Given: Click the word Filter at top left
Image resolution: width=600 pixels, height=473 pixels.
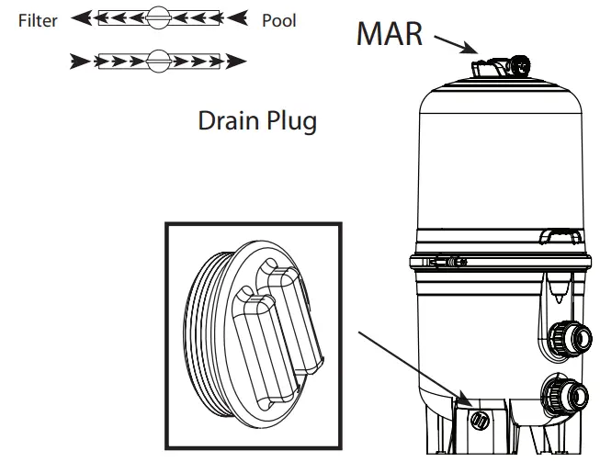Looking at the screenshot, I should [x=39, y=20].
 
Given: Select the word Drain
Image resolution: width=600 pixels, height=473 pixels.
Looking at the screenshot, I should [x=225, y=122].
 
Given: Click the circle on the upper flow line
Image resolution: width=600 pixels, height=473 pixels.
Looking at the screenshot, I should [x=159, y=17].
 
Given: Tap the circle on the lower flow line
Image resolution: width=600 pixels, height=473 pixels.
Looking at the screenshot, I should [x=159, y=62].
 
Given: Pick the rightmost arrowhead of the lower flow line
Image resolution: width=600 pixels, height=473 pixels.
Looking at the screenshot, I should [x=238, y=62].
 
